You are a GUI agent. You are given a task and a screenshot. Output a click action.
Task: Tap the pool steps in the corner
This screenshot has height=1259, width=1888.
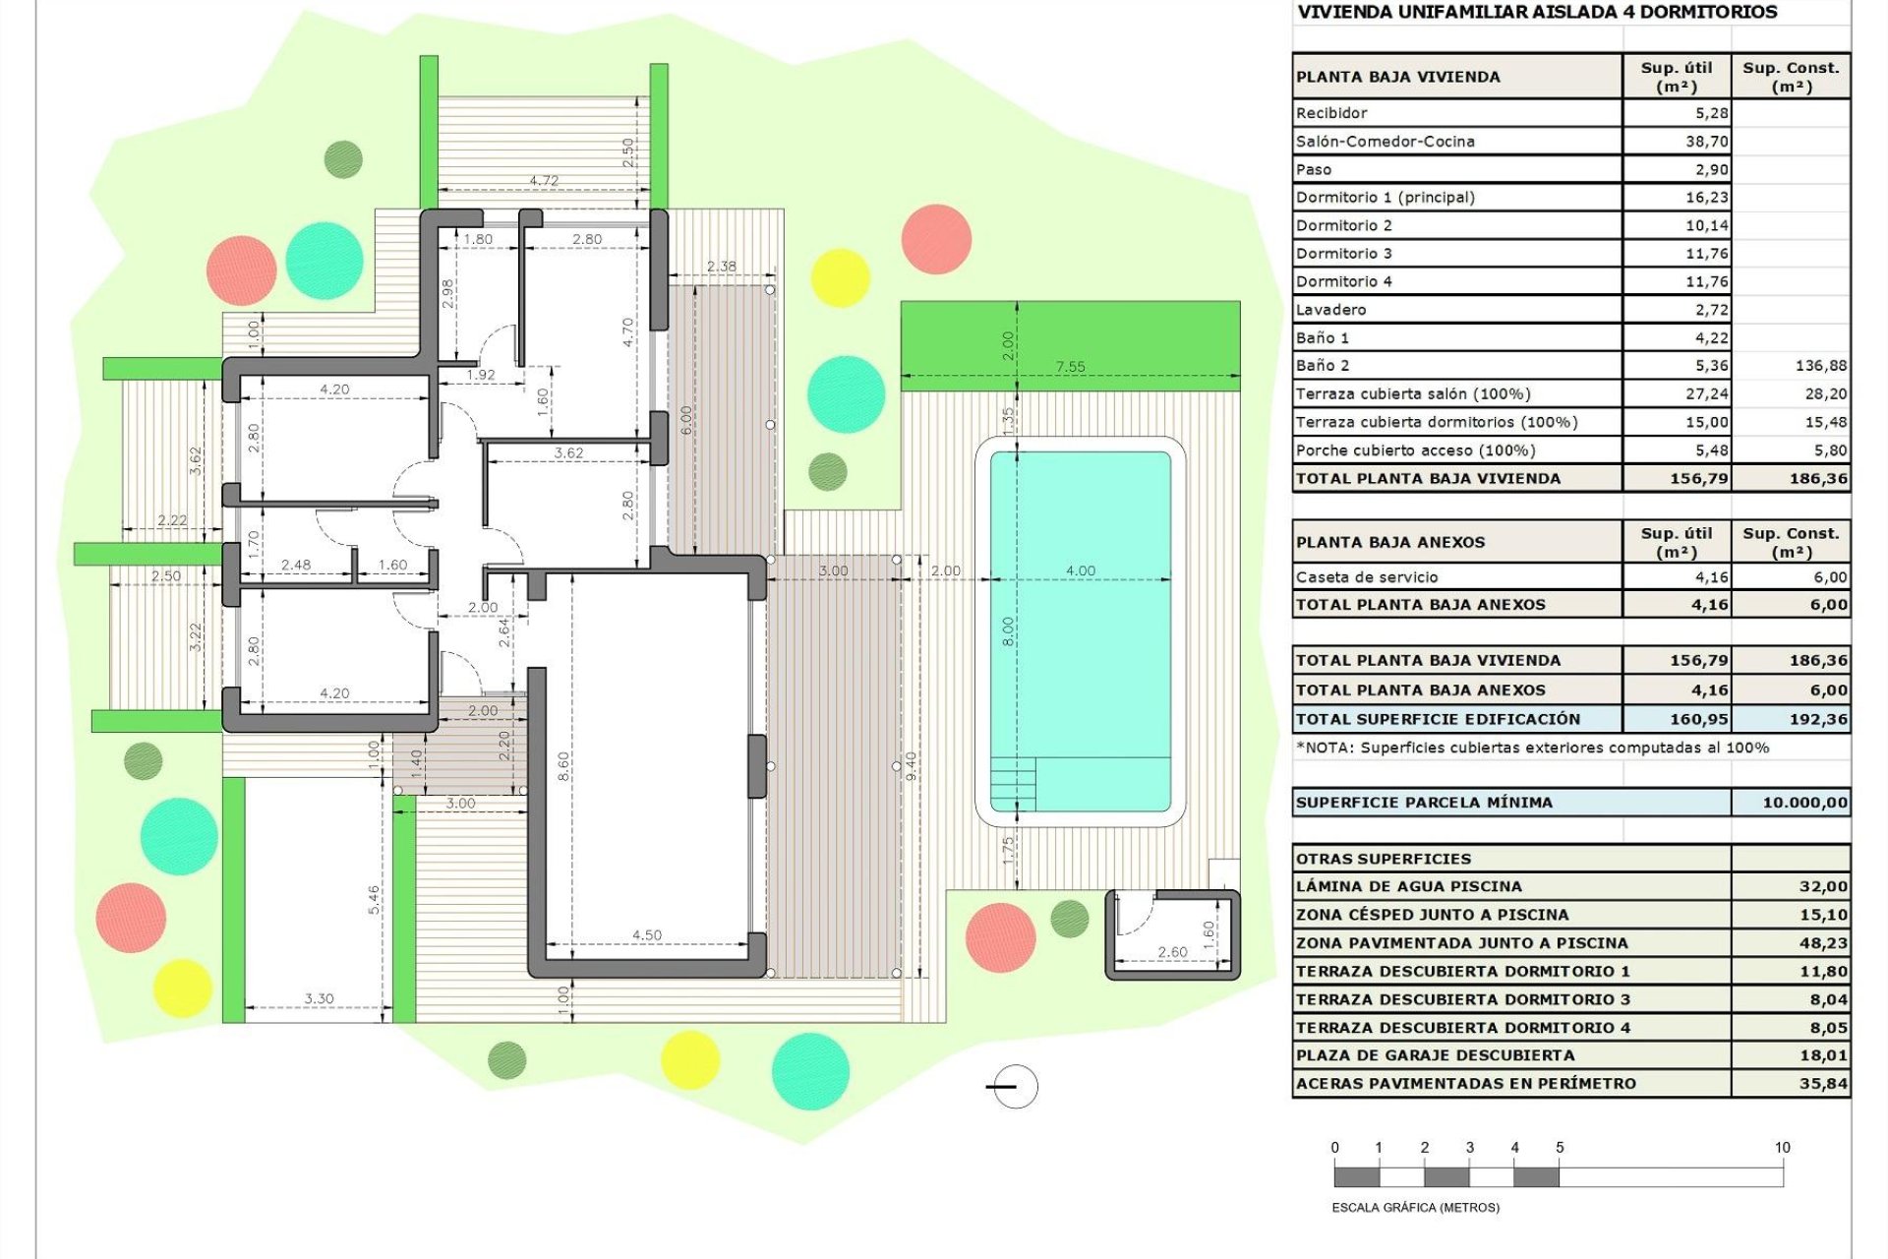pyautogui.click(x=1013, y=783)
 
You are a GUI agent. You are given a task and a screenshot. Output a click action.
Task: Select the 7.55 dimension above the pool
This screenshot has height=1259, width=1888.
pyautogui.click(x=1070, y=367)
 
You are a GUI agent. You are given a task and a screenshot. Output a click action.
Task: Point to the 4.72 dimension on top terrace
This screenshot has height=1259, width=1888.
pyautogui.click(x=544, y=181)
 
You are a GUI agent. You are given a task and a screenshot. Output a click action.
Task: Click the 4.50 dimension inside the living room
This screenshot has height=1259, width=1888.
pyautogui.click(x=647, y=935)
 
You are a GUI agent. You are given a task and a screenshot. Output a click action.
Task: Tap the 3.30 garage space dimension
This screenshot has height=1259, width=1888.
pyautogui.click(x=319, y=998)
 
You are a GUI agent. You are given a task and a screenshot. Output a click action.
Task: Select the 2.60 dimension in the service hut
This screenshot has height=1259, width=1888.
pyautogui.click(x=1172, y=952)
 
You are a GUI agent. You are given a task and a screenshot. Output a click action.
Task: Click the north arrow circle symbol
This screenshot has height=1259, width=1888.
pyautogui.click(x=1015, y=1087)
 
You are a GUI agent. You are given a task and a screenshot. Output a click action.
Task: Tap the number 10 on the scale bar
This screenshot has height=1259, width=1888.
pyautogui.click(x=1782, y=1148)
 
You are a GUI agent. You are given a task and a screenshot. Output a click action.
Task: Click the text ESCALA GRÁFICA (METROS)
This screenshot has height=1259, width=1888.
pyautogui.click(x=1415, y=1208)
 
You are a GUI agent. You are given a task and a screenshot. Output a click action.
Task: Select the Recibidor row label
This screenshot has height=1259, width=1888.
pyautogui.click(x=1331, y=113)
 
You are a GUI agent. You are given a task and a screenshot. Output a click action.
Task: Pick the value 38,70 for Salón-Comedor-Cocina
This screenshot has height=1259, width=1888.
pyautogui.click(x=1706, y=142)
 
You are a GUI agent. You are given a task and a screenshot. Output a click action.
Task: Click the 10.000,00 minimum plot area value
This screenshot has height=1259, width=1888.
pyautogui.click(x=1804, y=803)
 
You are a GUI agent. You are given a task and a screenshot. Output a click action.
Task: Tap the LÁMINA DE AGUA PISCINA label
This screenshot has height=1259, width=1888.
pyautogui.click(x=1408, y=886)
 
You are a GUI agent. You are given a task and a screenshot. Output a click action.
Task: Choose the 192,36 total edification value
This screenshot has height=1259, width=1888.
pyautogui.click(x=1818, y=719)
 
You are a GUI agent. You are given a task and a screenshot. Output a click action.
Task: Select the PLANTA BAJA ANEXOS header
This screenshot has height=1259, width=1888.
pyautogui.click(x=1390, y=542)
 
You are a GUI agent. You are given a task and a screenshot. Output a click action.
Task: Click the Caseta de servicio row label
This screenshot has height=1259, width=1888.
pyautogui.click(x=1367, y=577)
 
